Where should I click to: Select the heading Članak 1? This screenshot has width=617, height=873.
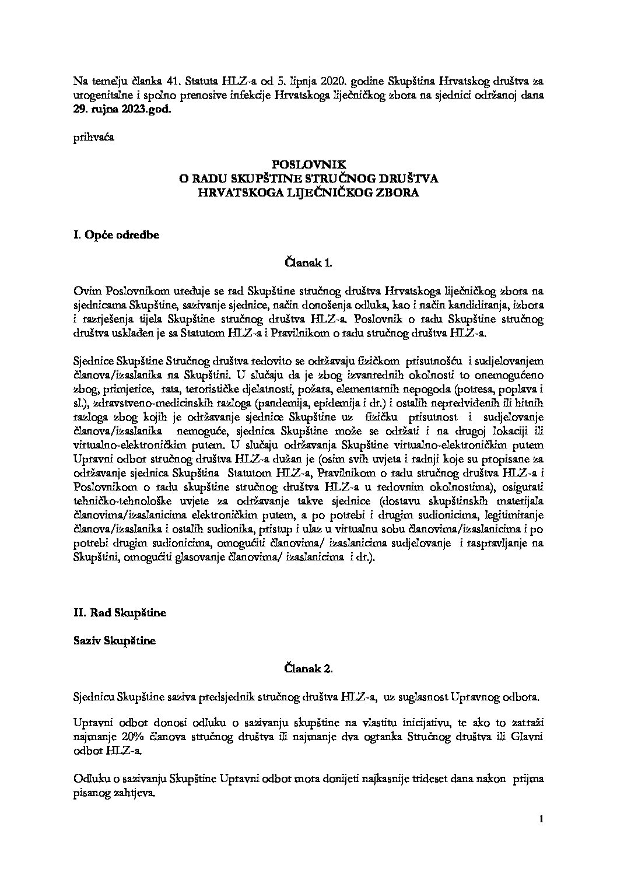pyautogui.click(x=308, y=263)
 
